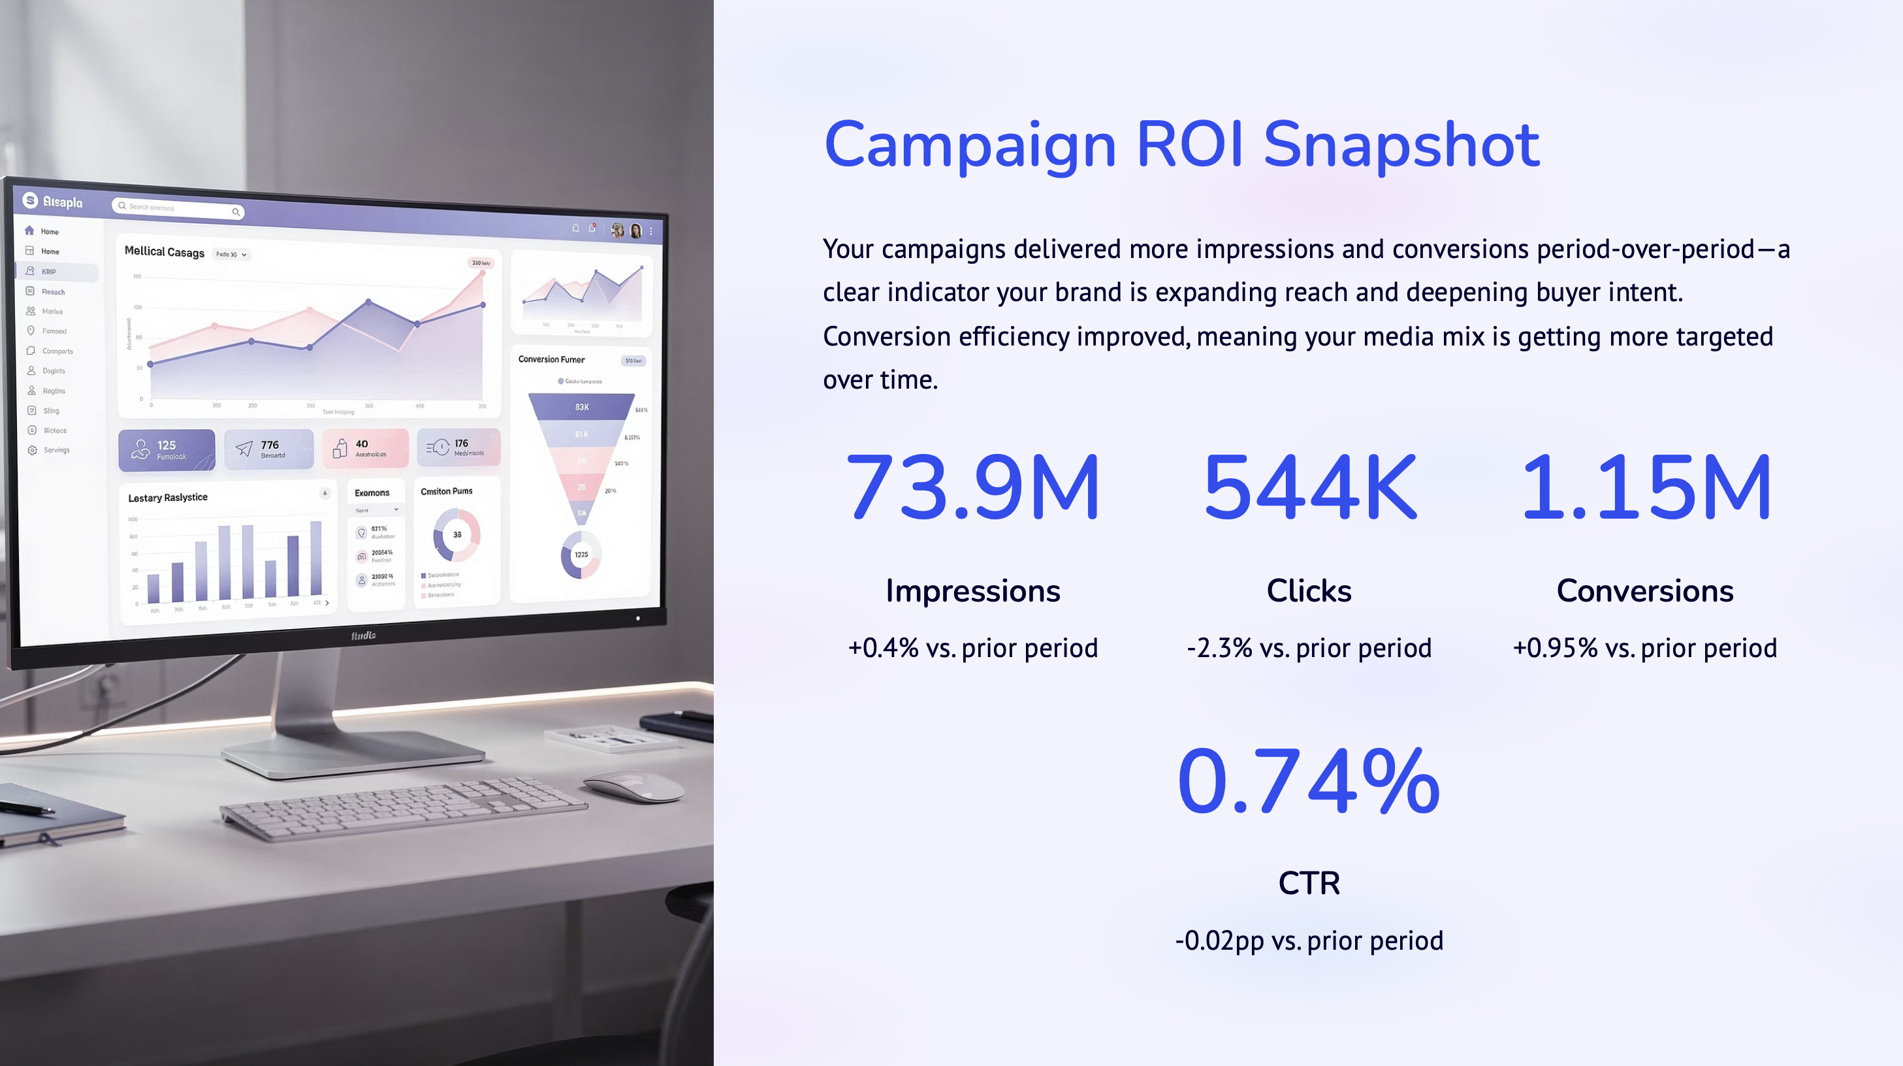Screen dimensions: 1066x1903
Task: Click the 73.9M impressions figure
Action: point(972,487)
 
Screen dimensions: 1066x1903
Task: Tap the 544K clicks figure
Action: point(1309,487)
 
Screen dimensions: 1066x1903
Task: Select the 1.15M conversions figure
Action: point(1645,487)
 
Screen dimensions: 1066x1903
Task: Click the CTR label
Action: point(1309,883)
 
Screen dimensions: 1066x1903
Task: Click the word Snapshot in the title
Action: point(1401,145)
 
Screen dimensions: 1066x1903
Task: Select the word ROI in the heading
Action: point(1189,145)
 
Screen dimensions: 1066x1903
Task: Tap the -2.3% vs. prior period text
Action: point(1309,648)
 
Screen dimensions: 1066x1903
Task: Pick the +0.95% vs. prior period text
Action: point(1645,648)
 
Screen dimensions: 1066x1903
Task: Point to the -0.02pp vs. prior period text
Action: point(1309,941)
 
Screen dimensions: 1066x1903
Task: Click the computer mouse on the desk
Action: point(635,784)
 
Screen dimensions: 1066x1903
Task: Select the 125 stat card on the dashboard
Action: point(167,449)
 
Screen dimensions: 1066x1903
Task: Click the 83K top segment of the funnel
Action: point(581,407)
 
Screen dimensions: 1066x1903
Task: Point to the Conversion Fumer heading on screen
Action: point(551,360)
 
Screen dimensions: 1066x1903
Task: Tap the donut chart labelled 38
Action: point(457,534)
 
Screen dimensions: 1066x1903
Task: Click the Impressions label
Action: point(972,591)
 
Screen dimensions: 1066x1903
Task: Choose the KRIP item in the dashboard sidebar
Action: point(49,272)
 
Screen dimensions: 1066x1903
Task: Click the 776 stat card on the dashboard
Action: point(269,449)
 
